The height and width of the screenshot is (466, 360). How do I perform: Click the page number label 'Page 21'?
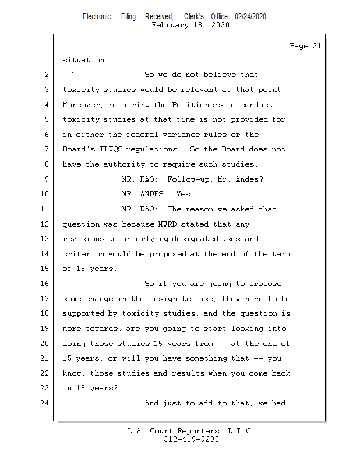[x=305, y=47]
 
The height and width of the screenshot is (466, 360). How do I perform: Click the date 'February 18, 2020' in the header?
[x=190, y=25]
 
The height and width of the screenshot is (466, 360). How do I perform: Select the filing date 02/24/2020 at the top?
[x=250, y=17]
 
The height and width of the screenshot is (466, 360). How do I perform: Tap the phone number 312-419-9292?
[x=191, y=439]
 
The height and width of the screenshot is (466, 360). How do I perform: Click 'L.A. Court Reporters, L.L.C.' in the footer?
[x=191, y=431]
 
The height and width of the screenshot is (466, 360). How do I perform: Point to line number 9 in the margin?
[x=46, y=179]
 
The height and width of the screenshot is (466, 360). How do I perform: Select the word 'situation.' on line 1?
[x=85, y=60]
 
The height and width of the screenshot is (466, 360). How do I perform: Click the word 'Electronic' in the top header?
[x=97, y=17]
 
